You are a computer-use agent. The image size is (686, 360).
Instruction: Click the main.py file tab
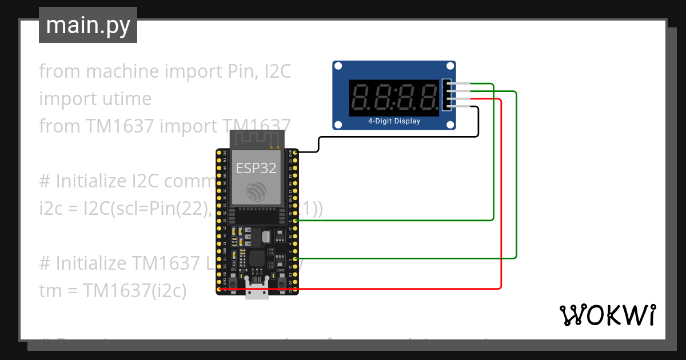click(87, 25)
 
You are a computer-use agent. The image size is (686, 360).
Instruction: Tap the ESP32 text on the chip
click(257, 168)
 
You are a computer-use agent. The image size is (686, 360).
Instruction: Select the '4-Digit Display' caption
click(394, 121)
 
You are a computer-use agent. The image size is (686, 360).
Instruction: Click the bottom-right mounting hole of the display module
click(449, 124)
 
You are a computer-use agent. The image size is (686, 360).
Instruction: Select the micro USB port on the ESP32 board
click(257, 290)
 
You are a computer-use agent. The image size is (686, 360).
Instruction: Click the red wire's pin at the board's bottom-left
click(219, 290)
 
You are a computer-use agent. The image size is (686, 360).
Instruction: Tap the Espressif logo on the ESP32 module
click(257, 192)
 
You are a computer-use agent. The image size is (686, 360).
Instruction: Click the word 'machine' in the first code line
click(122, 71)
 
